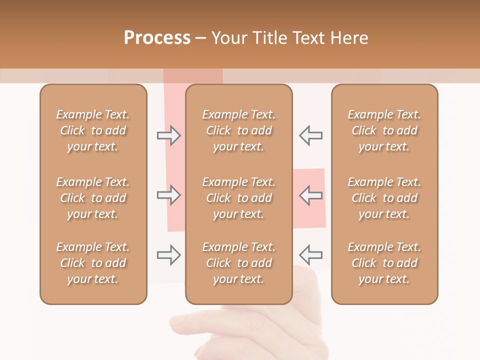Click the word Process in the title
pos(157,38)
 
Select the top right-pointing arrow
pos(169,135)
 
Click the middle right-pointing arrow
pos(169,195)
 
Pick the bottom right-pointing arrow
pos(169,255)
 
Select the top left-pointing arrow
pos(310,135)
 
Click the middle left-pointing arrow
pos(310,195)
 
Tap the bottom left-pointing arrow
pos(310,255)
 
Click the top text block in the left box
pos(93,130)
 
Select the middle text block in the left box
pos(93,198)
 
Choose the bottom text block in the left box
pos(93,263)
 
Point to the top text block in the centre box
pos(239,130)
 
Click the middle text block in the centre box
pos(239,198)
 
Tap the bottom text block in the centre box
pos(239,263)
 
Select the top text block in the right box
pos(384,130)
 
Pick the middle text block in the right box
pos(384,198)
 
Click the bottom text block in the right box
pos(384,263)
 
